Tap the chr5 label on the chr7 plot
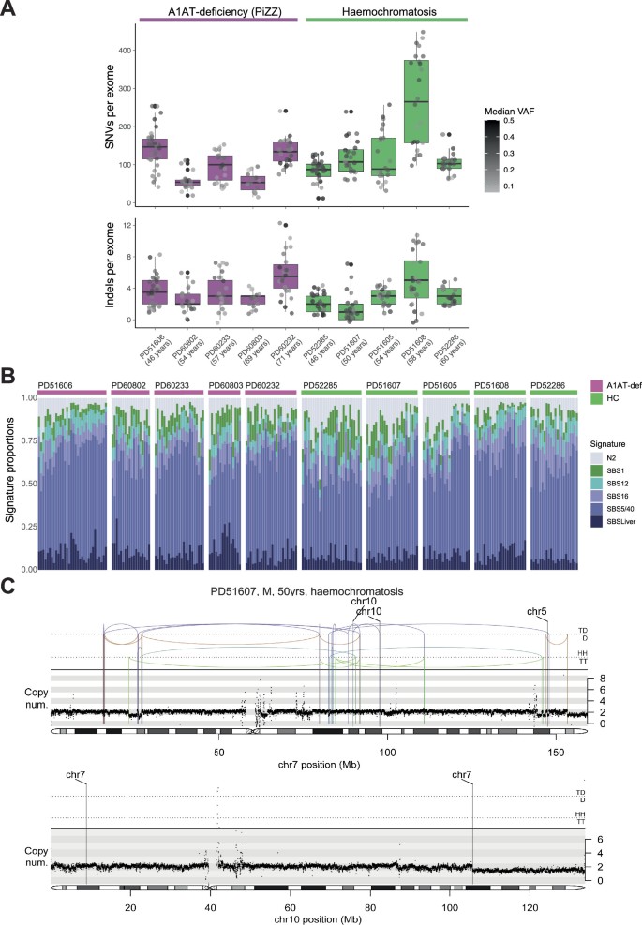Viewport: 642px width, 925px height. tap(536, 612)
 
